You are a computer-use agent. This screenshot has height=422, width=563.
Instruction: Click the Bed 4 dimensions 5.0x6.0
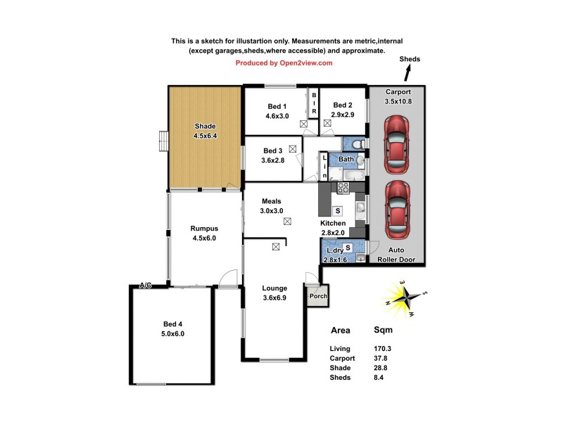[173, 333]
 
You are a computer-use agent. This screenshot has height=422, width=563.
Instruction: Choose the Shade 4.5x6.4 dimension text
[205, 136]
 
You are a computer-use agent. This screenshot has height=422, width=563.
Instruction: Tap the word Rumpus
[205, 228]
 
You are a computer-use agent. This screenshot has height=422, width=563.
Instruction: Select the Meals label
[272, 201]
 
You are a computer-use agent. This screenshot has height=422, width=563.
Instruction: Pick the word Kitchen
[333, 223]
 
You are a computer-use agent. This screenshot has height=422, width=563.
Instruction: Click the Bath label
[346, 159]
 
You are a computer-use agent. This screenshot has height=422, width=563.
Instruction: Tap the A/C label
[146, 286]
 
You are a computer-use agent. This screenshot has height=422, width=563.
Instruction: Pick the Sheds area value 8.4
[380, 378]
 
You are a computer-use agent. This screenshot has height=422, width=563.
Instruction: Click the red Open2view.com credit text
[284, 63]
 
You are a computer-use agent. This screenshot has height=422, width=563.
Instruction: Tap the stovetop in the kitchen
[344, 188]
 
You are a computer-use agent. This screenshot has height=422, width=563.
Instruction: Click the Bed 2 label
[343, 105]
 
